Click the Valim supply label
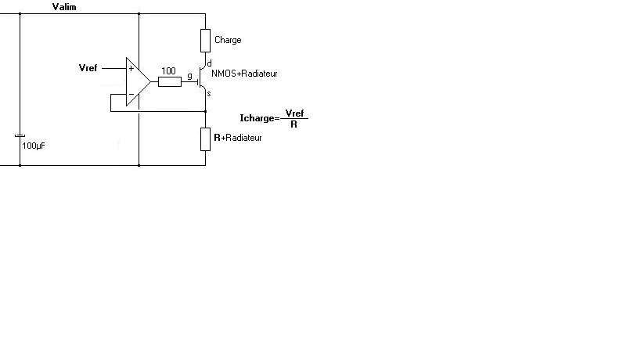tap(64, 7)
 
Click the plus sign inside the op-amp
tap(131, 69)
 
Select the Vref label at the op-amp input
tap(88, 68)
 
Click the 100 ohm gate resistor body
tap(169, 81)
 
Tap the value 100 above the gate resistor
tap(168, 70)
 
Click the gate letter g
tap(189, 76)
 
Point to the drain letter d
tap(209, 63)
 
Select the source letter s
tap(209, 93)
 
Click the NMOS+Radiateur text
tap(244, 74)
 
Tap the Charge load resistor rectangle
tap(205, 40)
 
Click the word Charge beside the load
tap(228, 40)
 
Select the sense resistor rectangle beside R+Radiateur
tap(205, 138)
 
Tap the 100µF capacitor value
tap(34, 146)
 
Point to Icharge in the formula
tap(257, 118)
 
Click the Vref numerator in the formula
tap(294, 113)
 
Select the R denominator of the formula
tap(293, 124)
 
